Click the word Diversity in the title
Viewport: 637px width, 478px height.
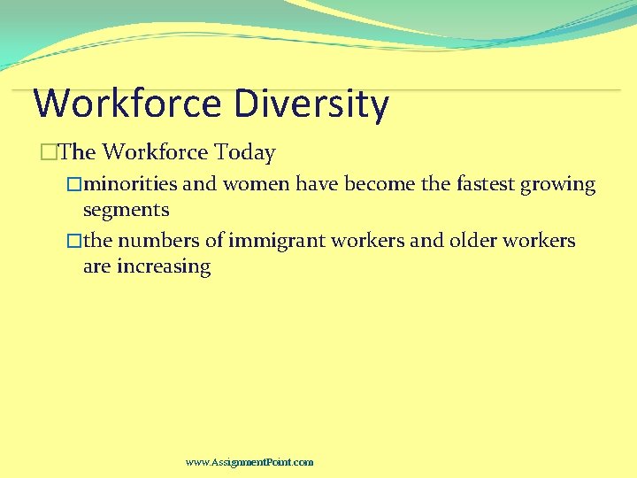pos(311,104)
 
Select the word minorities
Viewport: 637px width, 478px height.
pos(134,184)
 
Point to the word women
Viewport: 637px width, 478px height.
pos(256,184)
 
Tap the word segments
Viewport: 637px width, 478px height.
pos(126,211)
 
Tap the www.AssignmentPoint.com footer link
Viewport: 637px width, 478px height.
pos(249,462)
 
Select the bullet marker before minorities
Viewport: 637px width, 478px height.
pos(74,184)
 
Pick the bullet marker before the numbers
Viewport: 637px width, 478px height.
pos(74,241)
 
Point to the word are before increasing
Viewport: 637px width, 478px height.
pos(96,267)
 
